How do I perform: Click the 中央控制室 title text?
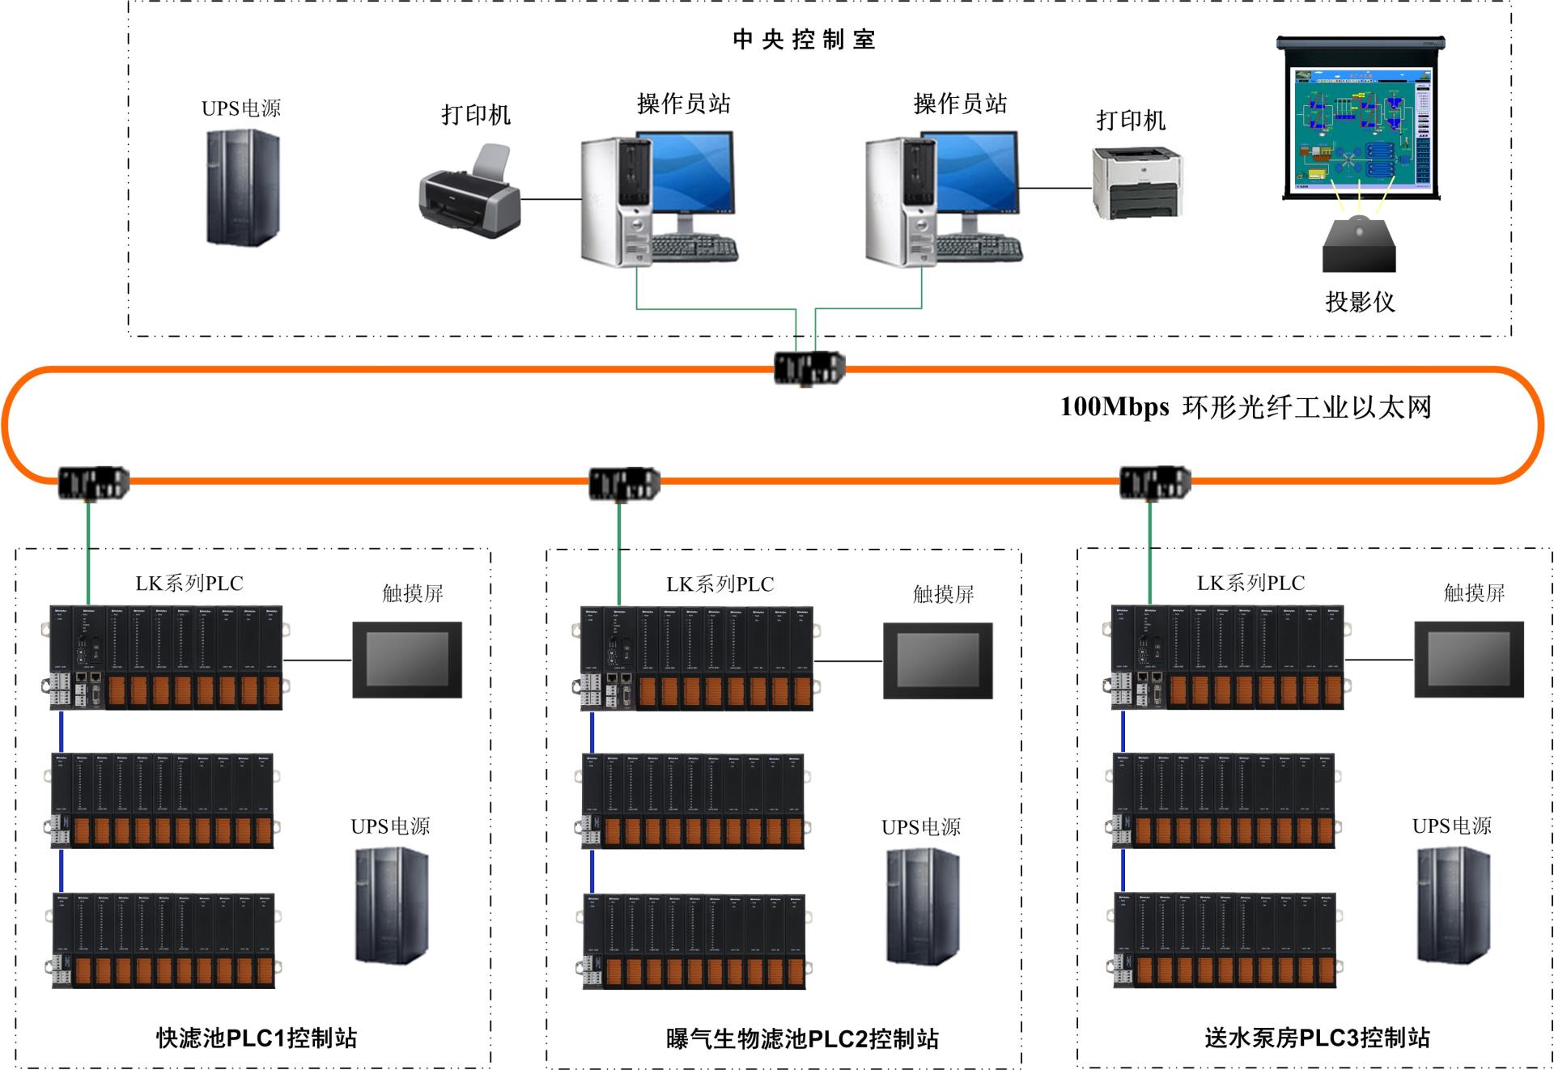click(x=804, y=40)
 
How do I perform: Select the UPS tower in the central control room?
click(x=242, y=187)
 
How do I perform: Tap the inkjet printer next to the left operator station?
click(x=469, y=193)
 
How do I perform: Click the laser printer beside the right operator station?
click(x=1137, y=183)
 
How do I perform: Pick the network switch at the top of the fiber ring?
click(x=809, y=368)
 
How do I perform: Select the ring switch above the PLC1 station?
click(x=93, y=483)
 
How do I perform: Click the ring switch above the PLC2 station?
click(x=624, y=484)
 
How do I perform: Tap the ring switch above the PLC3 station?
click(x=1155, y=483)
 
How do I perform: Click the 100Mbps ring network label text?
click(x=1246, y=406)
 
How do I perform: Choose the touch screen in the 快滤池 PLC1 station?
click(x=407, y=660)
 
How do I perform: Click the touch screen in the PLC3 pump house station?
click(x=1469, y=660)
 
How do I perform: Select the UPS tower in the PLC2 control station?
click(x=923, y=906)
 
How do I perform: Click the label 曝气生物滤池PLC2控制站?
click(x=802, y=1038)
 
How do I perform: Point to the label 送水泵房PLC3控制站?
click(x=1317, y=1038)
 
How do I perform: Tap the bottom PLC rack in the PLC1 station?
click(x=164, y=940)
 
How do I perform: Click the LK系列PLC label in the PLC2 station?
click(x=720, y=584)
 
